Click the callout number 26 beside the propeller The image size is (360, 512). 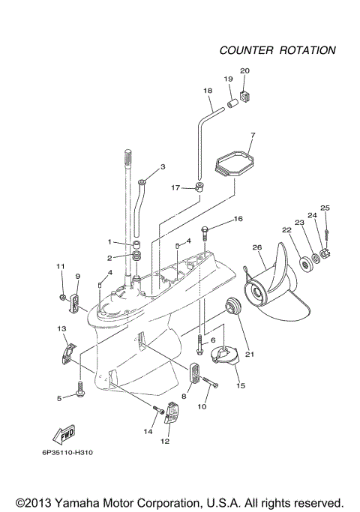tap(257, 248)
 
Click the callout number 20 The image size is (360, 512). tap(244, 71)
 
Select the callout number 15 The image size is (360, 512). tap(241, 386)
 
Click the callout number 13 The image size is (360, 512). tap(61, 328)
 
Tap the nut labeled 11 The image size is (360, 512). tap(61, 299)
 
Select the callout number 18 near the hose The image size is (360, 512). tap(208, 91)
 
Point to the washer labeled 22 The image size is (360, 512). tap(305, 263)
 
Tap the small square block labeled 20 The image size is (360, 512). tap(244, 96)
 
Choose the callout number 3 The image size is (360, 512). tap(163, 166)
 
